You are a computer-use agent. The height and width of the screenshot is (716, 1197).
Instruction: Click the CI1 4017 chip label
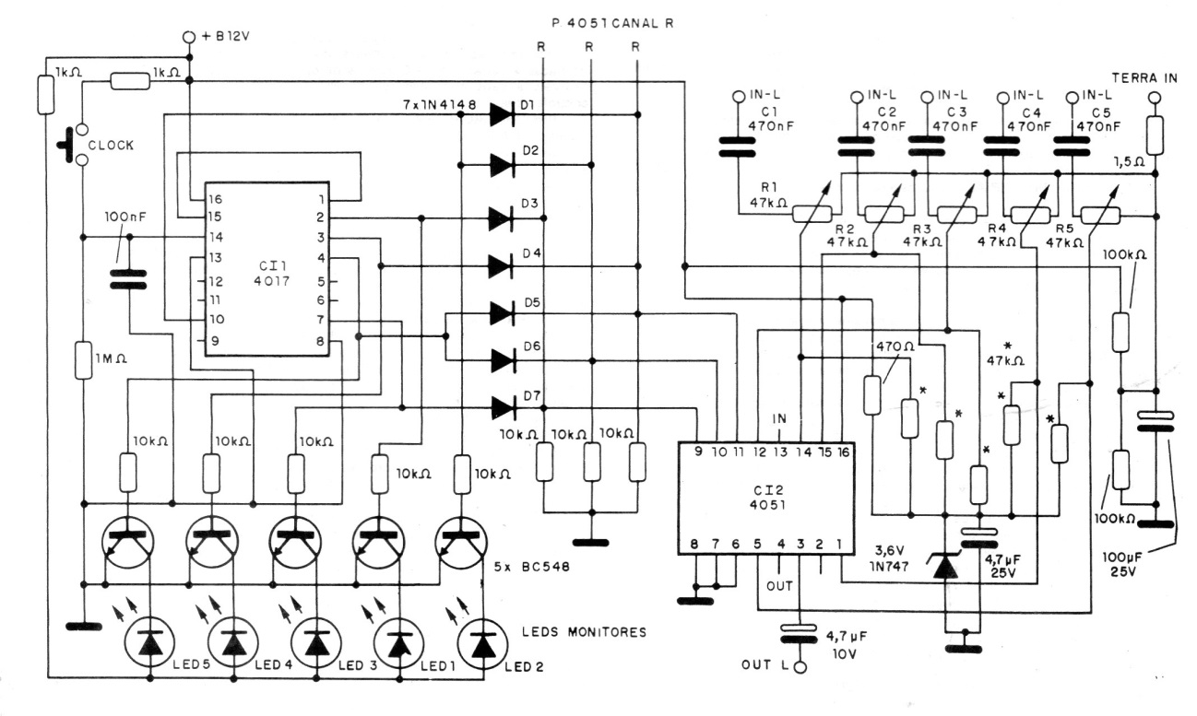click(272, 274)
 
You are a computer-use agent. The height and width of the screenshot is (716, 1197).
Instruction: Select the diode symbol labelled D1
click(502, 114)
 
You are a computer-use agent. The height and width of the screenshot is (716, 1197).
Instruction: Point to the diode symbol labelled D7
click(503, 408)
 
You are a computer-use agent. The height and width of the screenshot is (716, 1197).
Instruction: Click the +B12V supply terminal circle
click(189, 37)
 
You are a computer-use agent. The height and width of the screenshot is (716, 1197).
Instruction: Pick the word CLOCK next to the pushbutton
click(111, 146)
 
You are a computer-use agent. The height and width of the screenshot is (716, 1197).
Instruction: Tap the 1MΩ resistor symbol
click(83, 361)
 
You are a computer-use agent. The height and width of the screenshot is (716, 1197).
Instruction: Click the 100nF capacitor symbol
click(128, 279)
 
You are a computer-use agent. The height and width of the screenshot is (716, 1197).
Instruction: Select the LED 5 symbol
click(150, 644)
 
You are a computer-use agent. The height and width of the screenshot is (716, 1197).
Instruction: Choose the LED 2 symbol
click(484, 644)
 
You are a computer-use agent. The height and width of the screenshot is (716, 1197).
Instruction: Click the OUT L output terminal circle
click(800, 667)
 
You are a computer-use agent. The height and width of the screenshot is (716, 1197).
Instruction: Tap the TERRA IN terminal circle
click(1155, 98)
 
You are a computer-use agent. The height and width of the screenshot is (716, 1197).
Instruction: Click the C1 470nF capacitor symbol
click(738, 147)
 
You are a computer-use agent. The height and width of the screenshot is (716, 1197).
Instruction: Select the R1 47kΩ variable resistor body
click(812, 214)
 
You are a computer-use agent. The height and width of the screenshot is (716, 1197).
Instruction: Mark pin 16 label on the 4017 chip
click(216, 200)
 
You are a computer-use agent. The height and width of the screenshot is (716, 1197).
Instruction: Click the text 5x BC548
click(532, 567)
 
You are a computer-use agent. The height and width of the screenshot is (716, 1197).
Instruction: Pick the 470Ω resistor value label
click(895, 346)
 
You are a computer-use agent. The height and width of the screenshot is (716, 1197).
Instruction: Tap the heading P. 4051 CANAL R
click(612, 23)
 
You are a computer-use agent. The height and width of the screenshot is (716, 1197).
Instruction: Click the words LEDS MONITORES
click(584, 632)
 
